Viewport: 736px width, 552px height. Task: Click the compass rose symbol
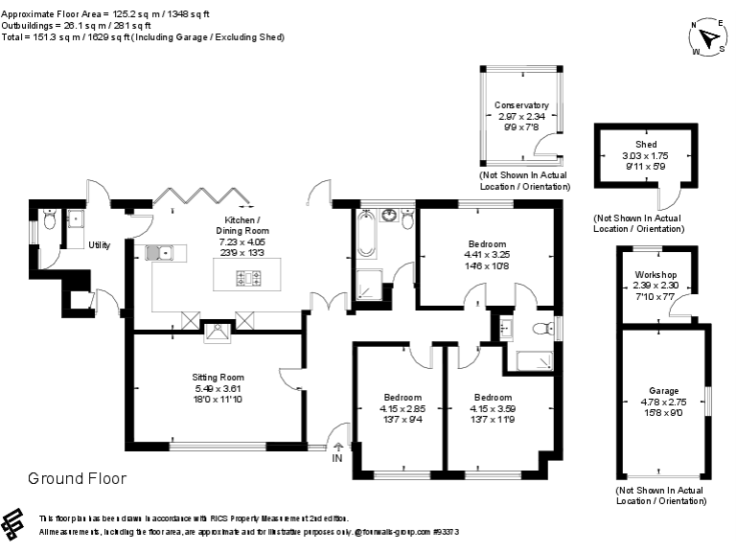(708, 39)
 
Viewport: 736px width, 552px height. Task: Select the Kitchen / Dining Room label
(241, 225)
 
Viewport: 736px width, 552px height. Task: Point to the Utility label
(99, 245)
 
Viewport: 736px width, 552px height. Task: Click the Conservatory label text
(520, 105)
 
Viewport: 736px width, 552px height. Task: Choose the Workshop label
(655, 275)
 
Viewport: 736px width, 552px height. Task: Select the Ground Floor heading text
(77, 478)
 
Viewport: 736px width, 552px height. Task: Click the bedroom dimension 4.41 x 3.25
(487, 255)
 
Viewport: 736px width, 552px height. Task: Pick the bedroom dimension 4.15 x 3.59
(493, 408)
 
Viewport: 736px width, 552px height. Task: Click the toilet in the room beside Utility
(49, 217)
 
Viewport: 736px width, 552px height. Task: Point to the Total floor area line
(144, 36)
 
